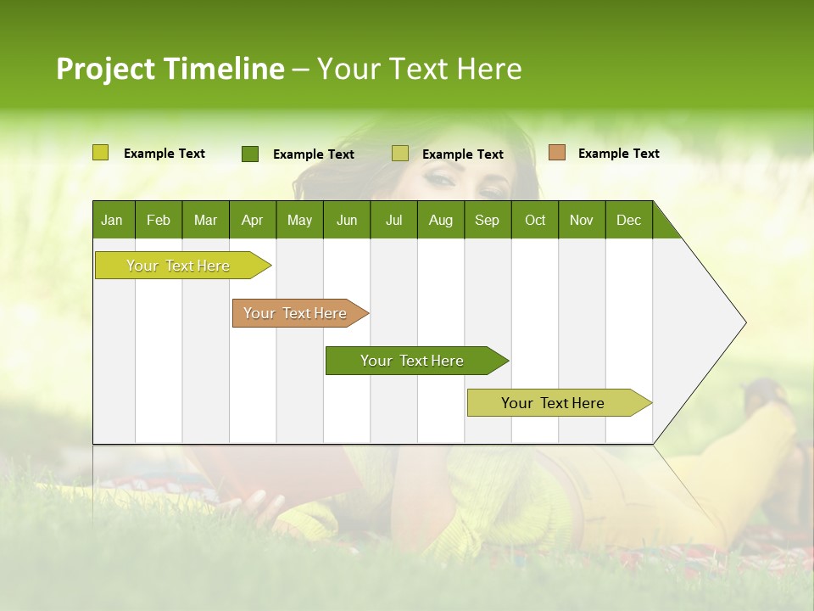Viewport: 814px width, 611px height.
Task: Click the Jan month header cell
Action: [x=113, y=220]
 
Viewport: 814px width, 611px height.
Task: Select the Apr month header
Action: [x=252, y=220]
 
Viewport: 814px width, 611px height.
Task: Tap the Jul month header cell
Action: [x=393, y=220]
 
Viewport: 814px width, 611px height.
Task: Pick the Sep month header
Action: [x=487, y=220]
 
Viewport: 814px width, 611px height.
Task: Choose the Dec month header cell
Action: [x=628, y=220]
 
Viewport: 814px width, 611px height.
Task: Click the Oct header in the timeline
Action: [x=534, y=220]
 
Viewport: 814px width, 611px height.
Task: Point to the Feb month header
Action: [x=159, y=220]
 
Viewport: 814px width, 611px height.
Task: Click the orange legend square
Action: [x=556, y=153]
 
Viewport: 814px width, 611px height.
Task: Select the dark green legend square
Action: [x=249, y=154]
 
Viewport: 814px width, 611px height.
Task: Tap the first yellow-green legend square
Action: [x=100, y=153]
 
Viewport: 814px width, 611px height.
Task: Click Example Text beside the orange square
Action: [x=618, y=154]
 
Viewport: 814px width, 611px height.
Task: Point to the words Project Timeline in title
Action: [x=170, y=69]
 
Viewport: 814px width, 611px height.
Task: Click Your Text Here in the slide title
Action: [x=419, y=69]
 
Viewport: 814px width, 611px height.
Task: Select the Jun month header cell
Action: [x=346, y=220]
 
